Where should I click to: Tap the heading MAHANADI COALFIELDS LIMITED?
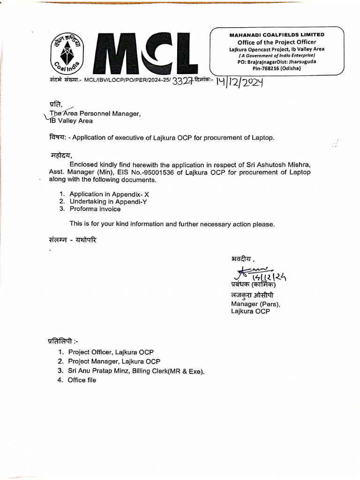pyautogui.click(x=277, y=35)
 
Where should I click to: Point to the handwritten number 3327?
pyautogui.click(x=183, y=82)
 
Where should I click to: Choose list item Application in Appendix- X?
pyautogui.click(x=109, y=194)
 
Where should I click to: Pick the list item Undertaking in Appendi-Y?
pyautogui.click(x=107, y=201)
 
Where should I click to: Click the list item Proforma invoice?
pyautogui.click(x=95, y=209)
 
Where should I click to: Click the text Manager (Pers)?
pyautogui.click(x=255, y=304)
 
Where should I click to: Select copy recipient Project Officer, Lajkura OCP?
pyautogui.click(x=111, y=352)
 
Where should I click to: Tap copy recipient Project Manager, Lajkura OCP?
pyautogui.click(x=114, y=361)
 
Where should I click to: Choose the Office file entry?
pyautogui.click(x=82, y=380)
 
